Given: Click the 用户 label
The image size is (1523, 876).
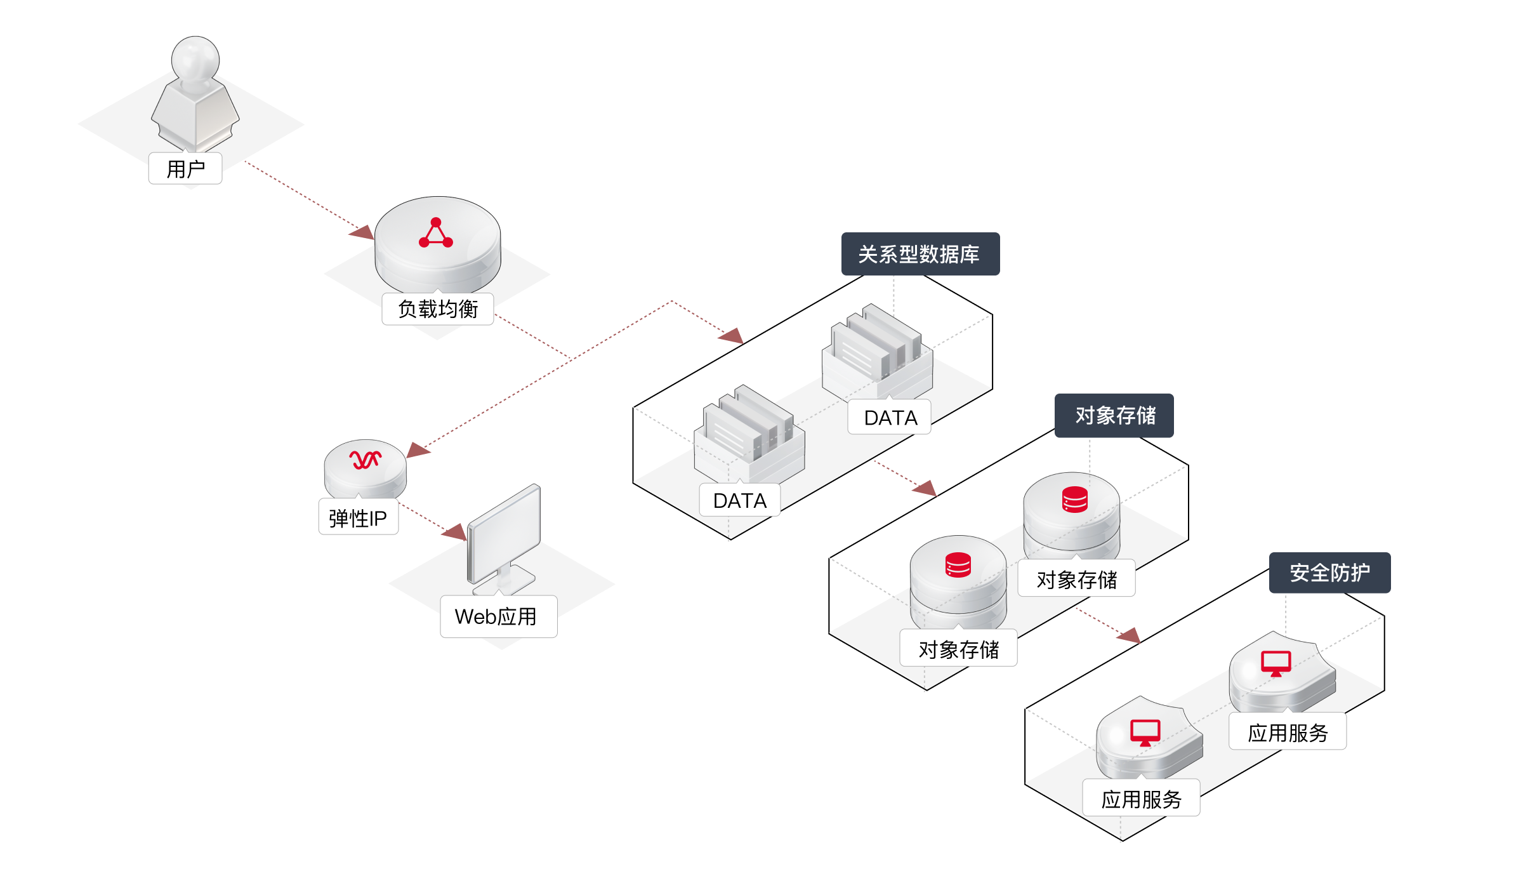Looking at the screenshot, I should (x=185, y=169).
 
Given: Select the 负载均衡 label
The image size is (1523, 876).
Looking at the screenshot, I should (x=438, y=309).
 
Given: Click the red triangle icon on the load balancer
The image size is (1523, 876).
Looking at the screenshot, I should (x=436, y=234).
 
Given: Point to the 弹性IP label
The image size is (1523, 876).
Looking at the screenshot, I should (x=358, y=518).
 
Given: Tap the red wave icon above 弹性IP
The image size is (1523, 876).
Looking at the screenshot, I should (x=366, y=460).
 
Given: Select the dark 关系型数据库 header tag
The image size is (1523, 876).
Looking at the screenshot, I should (x=920, y=254).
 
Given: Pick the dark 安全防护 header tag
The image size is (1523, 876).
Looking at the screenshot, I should (x=1329, y=573).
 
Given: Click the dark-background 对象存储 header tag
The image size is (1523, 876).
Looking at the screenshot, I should (x=1114, y=416).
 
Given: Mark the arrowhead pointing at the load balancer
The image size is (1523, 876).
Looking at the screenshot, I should (x=363, y=232).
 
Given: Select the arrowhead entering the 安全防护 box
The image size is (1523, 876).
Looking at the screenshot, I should (x=1130, y=635).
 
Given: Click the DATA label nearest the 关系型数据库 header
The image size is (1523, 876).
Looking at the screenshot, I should (x=890, y=418).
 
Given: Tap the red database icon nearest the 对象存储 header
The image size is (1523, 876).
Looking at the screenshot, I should (x=1075, y=500).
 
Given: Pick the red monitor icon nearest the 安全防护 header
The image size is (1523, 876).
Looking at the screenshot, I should (x=1276, y=663).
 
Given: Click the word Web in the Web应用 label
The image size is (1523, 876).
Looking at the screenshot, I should (x=475, y=616).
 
